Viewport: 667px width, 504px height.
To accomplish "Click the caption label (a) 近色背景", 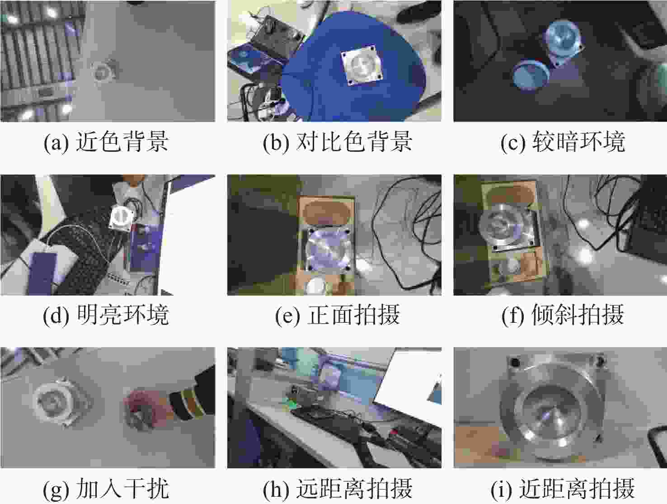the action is click(106, 141).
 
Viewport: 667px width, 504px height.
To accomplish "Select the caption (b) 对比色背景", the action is click(337, 141).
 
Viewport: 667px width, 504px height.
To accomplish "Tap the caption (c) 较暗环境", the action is click(563, 141).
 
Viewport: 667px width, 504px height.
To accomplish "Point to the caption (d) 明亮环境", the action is click(106, 315).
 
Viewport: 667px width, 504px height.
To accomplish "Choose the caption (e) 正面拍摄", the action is click(337, 315).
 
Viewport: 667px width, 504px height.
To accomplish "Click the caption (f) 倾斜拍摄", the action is click(563, 315).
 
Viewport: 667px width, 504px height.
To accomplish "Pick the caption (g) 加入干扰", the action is click(106, 489).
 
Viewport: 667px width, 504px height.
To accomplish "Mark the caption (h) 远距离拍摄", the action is click(337, 489).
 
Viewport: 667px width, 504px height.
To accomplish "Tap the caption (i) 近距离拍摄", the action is click(563, 489).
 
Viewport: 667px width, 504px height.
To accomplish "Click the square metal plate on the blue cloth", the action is click(362, 66).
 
